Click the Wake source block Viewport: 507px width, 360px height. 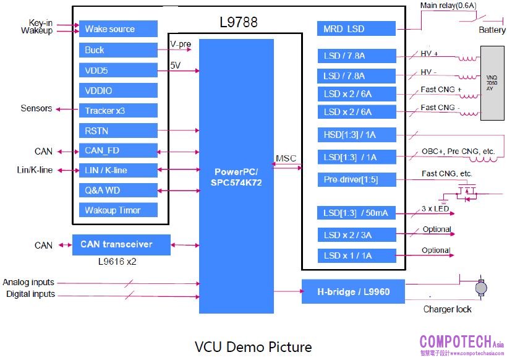click(x=118, y=29)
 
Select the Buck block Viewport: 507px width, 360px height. click(x=118, y=50)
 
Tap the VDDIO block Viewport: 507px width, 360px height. click(x=118, y=91)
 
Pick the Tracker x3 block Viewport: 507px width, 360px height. click(x=118, y=111)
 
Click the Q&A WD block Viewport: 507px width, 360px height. click(x=118, y=191)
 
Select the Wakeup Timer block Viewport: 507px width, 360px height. click(x=118, y=210)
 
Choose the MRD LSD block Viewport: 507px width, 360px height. click(x=356, y=29)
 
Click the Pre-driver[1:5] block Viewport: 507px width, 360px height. click(x=356, y=180)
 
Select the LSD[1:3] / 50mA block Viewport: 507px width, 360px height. click(x=356, y=213)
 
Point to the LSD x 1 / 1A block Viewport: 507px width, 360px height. click(x=356, y=255)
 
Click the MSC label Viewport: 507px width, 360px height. click(x=287, y=159)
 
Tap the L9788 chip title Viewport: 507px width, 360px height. click(x=239, y=23)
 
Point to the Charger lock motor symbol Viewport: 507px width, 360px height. click(x=480, y=288)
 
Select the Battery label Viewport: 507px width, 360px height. click(x=492, y=30)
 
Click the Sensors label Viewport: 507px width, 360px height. click(x=36, y=109)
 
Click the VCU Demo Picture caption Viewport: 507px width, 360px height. click(x=253, y=346)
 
